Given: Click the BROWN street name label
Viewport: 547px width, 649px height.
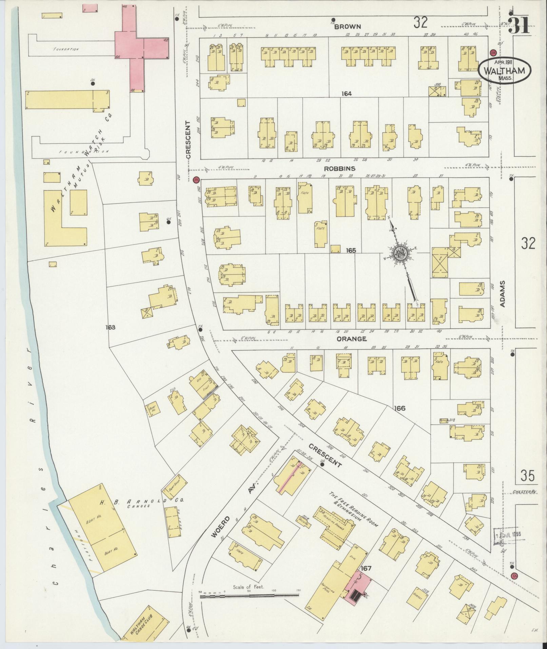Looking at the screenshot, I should (348, 26).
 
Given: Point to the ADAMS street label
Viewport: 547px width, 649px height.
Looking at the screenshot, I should (503, 294).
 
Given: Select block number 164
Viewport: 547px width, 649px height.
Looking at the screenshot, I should (347, 94).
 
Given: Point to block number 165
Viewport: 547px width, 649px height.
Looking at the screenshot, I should (351, 250).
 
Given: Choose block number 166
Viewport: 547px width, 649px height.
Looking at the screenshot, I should (400, 408).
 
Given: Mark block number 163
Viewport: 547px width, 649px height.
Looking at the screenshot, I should (110, 327).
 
